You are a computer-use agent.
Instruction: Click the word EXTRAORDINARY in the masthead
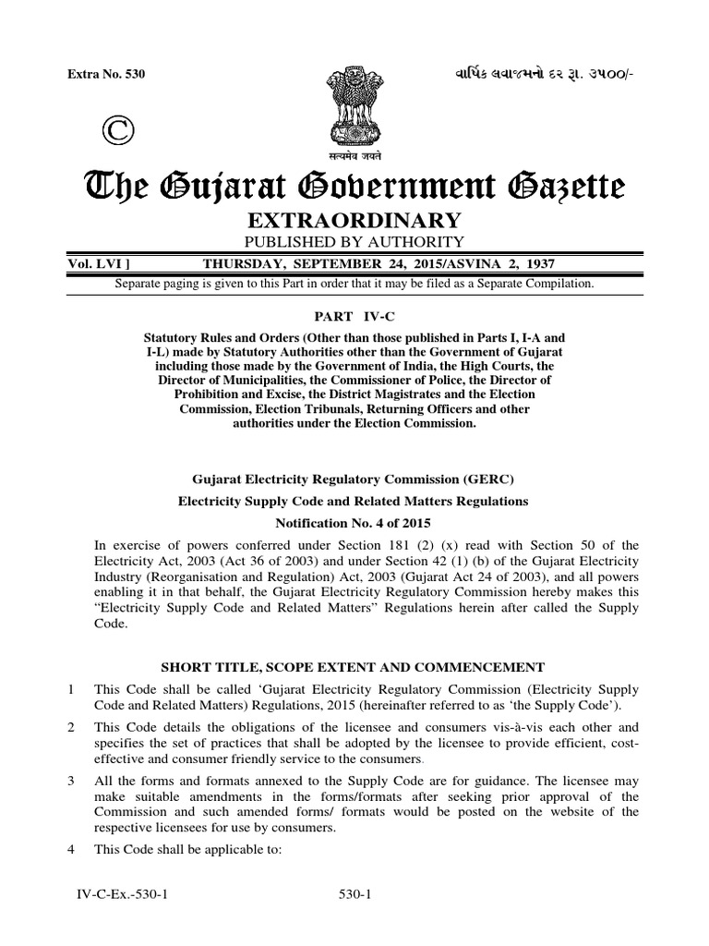click(354, 220)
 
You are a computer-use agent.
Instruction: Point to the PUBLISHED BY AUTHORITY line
click(354, 242)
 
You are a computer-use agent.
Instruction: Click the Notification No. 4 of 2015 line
click(354, 522)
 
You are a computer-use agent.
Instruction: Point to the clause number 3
click(83, 782)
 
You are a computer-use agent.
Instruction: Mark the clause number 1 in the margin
click(83, 690)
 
